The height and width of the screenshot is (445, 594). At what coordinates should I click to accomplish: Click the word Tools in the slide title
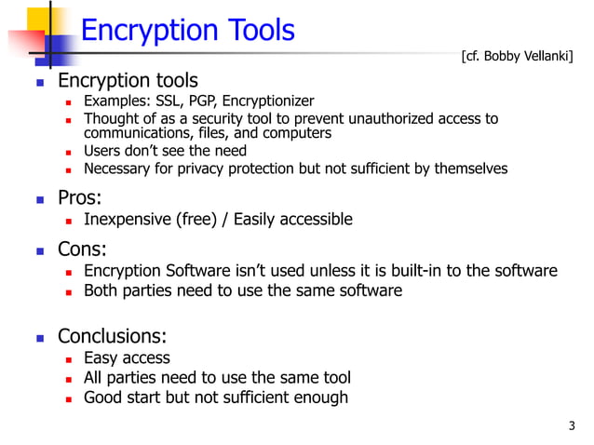tap(253, 31)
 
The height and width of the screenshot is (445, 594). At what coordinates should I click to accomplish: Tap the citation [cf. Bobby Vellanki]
tap(517, 57)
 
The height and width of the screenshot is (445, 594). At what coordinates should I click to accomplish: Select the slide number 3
tap(572, 426)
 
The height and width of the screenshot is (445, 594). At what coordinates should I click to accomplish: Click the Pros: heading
tap(80, 197)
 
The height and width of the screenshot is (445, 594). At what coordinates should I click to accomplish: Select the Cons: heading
tap(82, 249)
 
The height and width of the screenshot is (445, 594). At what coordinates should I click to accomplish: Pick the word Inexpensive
tap(121, 220)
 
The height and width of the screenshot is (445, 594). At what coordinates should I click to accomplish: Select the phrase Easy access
tap(127, 357)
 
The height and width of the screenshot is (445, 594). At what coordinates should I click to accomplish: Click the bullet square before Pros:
tap(40, 198)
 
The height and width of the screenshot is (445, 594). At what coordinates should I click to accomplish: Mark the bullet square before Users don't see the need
tap(69, 151)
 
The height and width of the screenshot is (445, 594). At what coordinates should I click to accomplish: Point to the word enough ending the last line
tap(318, 398)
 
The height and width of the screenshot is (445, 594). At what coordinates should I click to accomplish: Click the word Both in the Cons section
tap(101, 290)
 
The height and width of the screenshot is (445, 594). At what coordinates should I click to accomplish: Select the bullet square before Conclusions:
tap(40, 336)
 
